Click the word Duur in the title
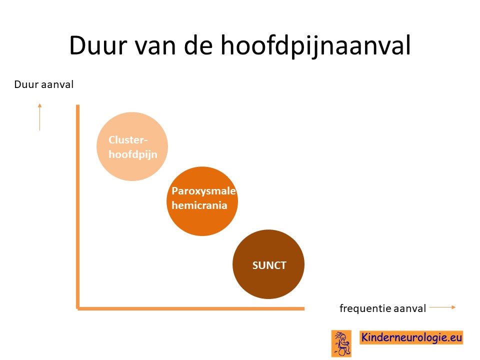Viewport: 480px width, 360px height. click(98, 45)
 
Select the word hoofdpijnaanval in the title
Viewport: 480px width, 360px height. click(315, 46)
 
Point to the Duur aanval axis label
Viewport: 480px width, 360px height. click(44, 84)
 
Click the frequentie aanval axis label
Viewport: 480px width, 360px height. click(382, 308)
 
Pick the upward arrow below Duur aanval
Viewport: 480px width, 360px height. click(39, 117)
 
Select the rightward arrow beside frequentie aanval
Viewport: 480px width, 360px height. click(442, 307)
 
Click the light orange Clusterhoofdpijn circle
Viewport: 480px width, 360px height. click(132, 146)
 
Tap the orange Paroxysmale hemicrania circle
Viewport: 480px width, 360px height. click(202, 201)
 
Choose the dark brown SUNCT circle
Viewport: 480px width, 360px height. click(268, 264)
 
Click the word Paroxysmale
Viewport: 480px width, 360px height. click(203, 191)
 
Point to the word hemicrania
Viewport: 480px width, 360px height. click(199, 205)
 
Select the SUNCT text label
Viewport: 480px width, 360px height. click(269, 265)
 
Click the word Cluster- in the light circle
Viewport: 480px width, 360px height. click(128, 140)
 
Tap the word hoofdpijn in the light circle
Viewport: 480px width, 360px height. click(133, 154)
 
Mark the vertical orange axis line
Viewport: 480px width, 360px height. click(78, 206)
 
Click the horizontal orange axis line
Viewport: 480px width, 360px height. click(190, 308)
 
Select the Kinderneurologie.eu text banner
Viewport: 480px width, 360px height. click(411, 337)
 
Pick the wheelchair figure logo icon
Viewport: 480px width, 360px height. click(341, 343)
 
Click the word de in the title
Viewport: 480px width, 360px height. click(198, 45)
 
